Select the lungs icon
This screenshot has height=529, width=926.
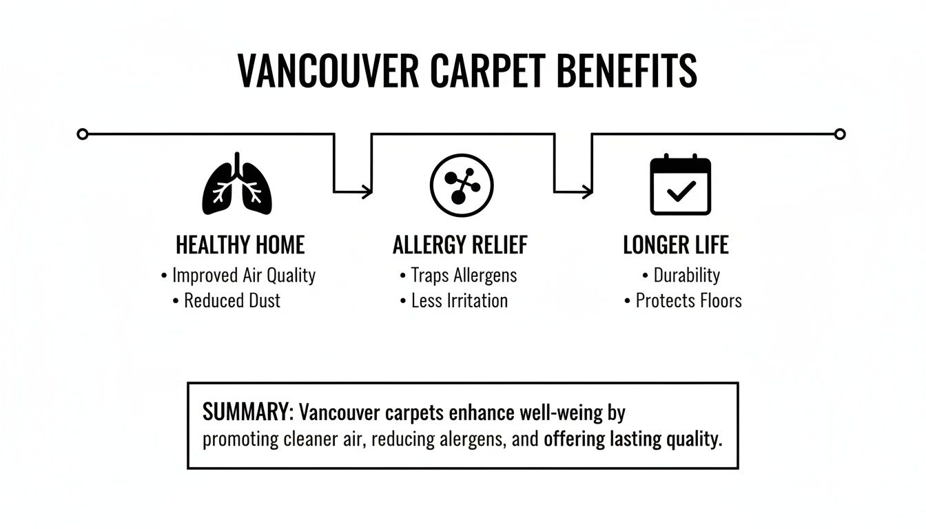[237, 184]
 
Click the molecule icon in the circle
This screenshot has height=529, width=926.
[462, 184]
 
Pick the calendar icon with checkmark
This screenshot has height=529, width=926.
[681, 185]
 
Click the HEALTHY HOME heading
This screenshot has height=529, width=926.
[240, 245]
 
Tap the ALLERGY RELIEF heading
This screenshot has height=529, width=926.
[460, 245]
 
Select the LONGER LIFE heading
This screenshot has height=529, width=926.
[675, 245]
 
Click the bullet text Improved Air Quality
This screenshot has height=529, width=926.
[243, 276]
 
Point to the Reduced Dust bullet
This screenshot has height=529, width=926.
[232, 301]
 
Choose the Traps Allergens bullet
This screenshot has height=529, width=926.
[464, 276]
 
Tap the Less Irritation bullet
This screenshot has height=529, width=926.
[459, 301]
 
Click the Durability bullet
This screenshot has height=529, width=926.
[686, 276]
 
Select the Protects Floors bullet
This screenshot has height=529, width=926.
[688, 301]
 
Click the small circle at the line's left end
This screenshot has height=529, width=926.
[83, 134]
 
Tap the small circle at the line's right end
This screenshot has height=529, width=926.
[839, 134]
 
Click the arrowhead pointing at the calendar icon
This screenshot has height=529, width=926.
[588, 191]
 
